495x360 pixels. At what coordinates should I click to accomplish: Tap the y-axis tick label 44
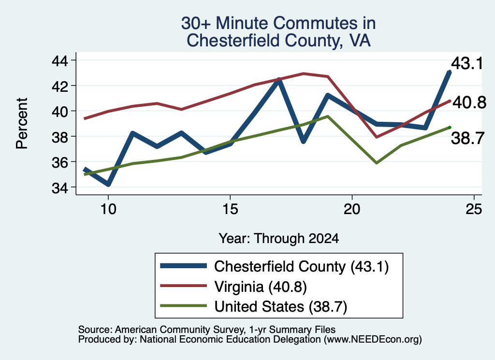pos(60,60)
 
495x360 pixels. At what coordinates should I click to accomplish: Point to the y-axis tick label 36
pos(60,162)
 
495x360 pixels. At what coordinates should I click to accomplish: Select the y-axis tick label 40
pos(60,112)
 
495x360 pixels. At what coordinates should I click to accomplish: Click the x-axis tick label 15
pos(230,209)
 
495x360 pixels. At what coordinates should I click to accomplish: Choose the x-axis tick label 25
pos(474,209)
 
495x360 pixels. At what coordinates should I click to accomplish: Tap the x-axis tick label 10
pos(108,209)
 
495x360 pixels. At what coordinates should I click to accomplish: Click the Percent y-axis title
pos(22,123)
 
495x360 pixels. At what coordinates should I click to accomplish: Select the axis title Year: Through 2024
pos(279,239)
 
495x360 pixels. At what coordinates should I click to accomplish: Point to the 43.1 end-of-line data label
pos(467,63)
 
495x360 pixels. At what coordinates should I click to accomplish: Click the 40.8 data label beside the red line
pos(469,102)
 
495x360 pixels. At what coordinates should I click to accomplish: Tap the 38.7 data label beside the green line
pos(467,138)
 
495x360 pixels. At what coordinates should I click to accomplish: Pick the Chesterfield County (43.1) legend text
pos(302,267)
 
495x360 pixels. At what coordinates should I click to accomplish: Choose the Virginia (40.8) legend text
pos(261,287)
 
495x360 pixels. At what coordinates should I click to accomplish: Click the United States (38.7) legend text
pos(281,307)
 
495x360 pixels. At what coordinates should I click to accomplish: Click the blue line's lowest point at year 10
pos(108,184)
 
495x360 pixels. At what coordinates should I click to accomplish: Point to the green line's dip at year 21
pos(376,163)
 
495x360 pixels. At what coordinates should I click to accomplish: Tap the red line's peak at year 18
pos(304,73)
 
